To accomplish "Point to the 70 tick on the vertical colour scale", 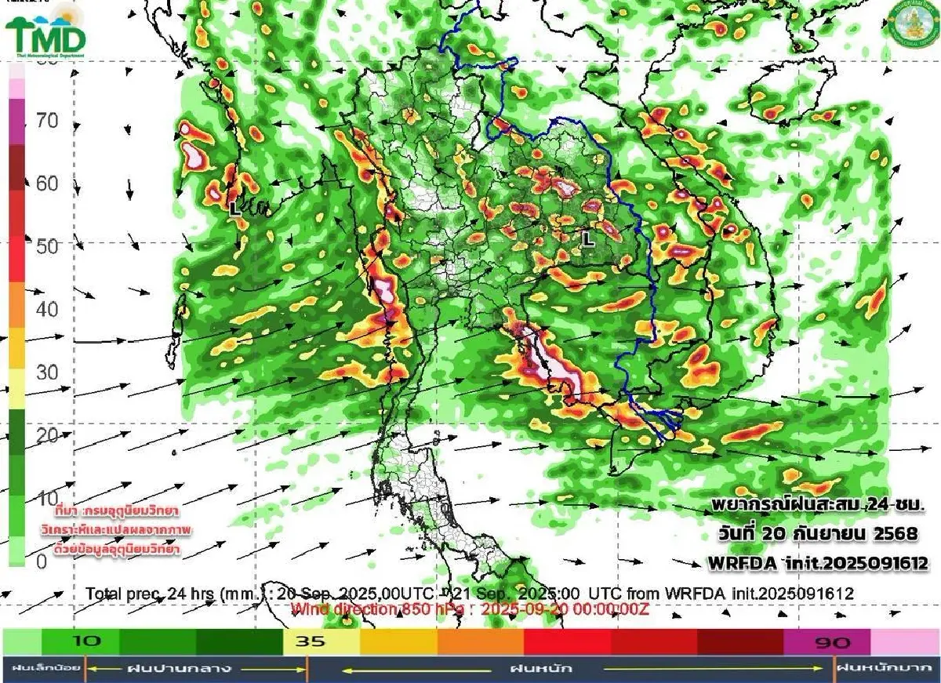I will coord(47,121).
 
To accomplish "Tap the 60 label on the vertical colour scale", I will coord(47,183).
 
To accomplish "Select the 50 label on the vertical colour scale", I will coord(47,246).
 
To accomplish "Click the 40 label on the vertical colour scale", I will coord(47,309).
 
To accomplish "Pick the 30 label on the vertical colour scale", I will coord(47,372).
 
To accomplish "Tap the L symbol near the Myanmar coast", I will coord(233,209).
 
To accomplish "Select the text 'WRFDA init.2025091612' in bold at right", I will coord(818,563).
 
